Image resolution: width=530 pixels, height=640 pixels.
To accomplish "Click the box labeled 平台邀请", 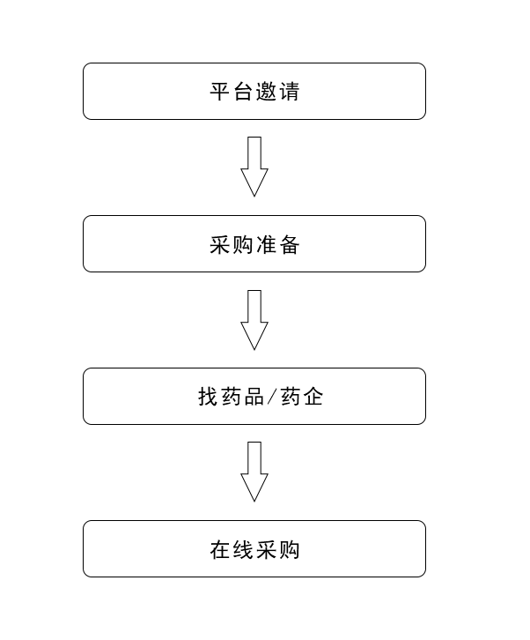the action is [x=254, y=91].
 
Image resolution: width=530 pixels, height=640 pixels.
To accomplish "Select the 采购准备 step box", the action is [x=254, y=243].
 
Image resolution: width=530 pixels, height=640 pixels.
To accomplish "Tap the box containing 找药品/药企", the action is [x=254, y=397].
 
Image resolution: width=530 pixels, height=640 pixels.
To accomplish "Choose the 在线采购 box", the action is [x=254, y=548].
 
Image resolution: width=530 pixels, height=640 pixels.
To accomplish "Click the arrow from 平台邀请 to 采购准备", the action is [x=254, y=167].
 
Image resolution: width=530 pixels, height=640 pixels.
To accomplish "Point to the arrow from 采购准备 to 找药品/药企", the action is [x=254, y=320].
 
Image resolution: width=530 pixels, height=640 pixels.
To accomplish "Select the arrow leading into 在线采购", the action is [x=254, y=472].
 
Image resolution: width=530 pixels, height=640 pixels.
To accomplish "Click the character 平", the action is [x=220, y=92].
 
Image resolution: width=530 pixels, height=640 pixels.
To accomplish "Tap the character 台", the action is [x=243, y=92].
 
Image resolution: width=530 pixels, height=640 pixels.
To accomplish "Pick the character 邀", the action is [x=266, y=92].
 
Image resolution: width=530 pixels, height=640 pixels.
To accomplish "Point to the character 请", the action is [x=289, y=92].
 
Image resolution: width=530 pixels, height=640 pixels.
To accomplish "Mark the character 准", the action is [x=266, y=244].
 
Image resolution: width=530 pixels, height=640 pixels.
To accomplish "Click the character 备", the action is [x=289, y=244].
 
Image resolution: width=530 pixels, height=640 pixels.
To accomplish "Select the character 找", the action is [x=209, y=397].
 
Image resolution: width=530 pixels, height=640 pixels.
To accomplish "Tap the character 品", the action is [x=254, y=397].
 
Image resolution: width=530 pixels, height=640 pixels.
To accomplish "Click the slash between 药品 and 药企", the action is [x=272, y=397].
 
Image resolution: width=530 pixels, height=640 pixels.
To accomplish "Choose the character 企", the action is [x=313, y=397].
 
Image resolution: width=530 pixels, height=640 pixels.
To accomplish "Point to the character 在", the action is [x=220, y=550].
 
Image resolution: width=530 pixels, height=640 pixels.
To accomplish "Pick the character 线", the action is [x=243, y=550].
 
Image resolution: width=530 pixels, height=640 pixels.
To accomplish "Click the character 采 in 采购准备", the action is [x=220, y=244].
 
